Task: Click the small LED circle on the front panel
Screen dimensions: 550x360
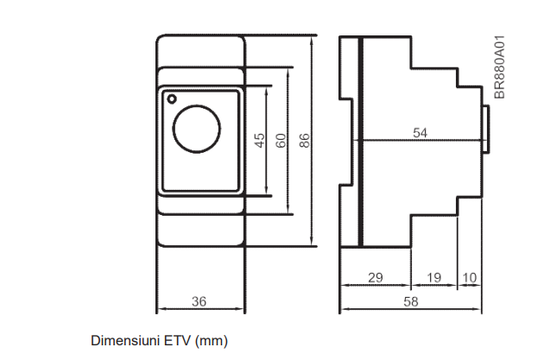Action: (172, 99)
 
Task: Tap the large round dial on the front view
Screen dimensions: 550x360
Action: (197, 129)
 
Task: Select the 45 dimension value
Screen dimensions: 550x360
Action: (260, 141)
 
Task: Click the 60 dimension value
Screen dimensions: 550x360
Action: (281, 141)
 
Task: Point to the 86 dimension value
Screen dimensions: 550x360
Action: (305, 141)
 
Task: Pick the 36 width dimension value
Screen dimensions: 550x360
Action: (199, 301)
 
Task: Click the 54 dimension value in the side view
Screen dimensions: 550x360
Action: (420, 133)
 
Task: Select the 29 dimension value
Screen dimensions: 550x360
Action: (376, 277)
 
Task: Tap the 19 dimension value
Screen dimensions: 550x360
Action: (434, 277)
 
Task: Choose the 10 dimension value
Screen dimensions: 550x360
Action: (470, 277)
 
